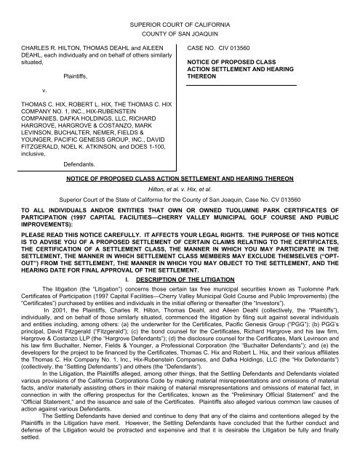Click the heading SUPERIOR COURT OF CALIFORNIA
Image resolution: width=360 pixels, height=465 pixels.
pos(180,25)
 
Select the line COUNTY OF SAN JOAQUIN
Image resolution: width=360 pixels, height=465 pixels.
pos(180,35)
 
